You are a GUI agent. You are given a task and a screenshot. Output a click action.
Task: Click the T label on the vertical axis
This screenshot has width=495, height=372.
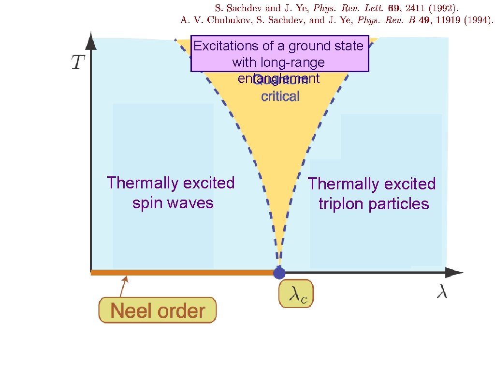79,62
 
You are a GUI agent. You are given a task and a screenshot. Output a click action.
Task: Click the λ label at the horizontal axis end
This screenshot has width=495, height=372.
442,292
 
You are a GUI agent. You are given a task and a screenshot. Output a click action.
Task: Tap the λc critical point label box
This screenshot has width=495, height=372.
296,294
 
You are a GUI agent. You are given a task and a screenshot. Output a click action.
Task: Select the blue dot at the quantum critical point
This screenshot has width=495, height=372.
279,273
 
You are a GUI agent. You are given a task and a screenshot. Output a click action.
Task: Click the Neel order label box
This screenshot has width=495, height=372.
158,310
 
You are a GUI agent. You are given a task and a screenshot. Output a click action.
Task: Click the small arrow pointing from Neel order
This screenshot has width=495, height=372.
124,286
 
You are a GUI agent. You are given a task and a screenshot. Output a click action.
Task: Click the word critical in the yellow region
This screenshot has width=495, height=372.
280,96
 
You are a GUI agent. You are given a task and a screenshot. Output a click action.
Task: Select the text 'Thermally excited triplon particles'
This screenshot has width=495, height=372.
372,194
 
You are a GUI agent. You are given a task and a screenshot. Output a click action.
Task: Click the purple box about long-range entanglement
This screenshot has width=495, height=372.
279,54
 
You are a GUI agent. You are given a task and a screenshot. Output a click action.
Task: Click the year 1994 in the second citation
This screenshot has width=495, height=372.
476,20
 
